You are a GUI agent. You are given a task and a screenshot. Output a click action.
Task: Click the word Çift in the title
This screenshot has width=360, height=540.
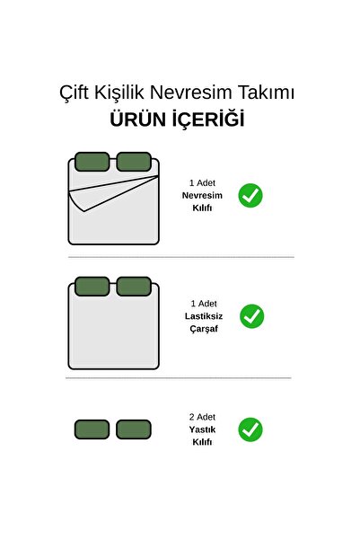coord(74,93)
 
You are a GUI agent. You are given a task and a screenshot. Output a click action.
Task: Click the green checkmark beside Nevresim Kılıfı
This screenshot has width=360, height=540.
coord(250,196)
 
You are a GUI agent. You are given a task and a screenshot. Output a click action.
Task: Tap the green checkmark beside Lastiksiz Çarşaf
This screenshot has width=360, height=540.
coord(252,316)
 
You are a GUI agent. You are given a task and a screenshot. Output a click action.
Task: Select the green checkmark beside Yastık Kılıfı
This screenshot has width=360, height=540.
coord(250,429)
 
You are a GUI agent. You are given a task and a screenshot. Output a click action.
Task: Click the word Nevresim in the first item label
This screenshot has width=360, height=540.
coord(202,196)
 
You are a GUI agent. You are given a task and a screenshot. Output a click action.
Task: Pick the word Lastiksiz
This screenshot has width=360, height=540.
coord(204,316)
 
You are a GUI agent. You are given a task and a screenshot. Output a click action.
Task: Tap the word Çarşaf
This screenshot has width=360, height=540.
coord(204,329)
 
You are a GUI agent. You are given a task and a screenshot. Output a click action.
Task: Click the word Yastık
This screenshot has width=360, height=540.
coord(202,429)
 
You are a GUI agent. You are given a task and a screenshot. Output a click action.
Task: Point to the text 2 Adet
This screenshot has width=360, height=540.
coord(202,417)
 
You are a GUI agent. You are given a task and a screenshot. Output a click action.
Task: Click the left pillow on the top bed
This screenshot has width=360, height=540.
coord(92,162)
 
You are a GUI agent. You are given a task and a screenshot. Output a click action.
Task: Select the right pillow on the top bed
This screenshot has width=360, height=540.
coord(134,162)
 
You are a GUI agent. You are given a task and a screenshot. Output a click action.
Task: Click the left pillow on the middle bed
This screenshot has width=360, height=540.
coord(92,287)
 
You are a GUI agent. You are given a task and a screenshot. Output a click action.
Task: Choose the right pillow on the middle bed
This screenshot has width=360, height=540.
coord(134,287)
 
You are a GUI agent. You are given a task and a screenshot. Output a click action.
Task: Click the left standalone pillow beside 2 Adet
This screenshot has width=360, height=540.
coord(92,429)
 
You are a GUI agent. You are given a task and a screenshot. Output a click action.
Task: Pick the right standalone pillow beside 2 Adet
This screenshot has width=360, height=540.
coord(134,429)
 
